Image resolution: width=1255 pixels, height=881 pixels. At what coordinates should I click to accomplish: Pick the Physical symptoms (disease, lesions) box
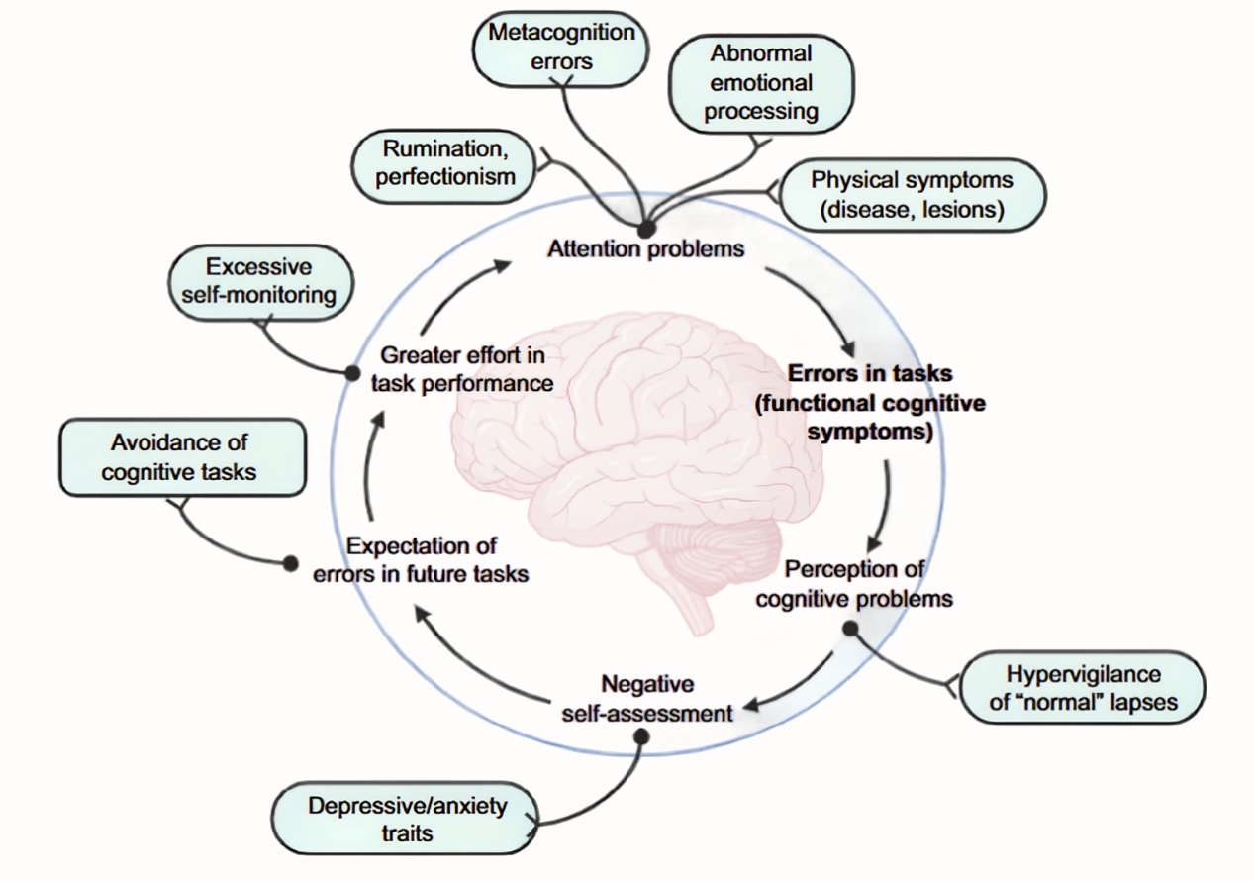click(912, 195)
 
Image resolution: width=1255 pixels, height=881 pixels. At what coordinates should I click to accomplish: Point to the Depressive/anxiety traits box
click(407, 818)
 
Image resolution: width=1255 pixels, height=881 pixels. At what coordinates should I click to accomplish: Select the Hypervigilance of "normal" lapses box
click(1082, 688)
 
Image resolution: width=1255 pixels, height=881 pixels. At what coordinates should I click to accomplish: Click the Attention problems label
click(645, 248)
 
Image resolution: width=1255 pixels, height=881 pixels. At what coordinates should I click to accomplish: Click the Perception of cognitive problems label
click(853, 583)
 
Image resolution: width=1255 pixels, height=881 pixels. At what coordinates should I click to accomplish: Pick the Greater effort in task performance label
click(462, 368)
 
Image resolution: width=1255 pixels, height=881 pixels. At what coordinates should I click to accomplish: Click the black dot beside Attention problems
click(646, 229)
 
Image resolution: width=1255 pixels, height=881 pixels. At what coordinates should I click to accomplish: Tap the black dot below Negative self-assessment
click(641, 736)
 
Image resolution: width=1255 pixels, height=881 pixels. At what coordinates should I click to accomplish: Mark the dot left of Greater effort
click(351, 373)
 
